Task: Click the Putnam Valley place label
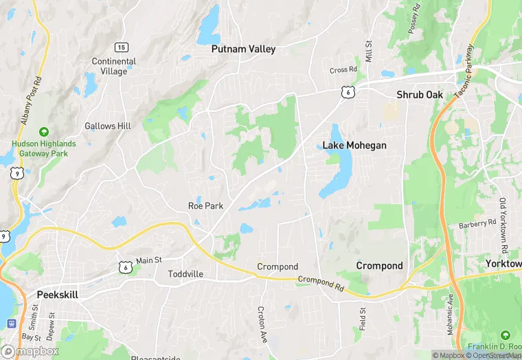(x=243, y=49)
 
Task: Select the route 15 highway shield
(x=121, y=47)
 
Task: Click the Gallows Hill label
(x=107, y=126)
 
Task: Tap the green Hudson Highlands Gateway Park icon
(x=44, y=131)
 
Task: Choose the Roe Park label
(x=205, y=205)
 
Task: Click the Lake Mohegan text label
(x=354, y=146)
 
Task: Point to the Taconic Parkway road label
(x=465, y=71)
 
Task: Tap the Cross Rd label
(x=343, y=69)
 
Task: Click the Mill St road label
(x=368, y=52)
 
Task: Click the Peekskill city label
(x=58, y=294)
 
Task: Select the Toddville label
(x=185, y=273)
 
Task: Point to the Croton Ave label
(x=261, y=325)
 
